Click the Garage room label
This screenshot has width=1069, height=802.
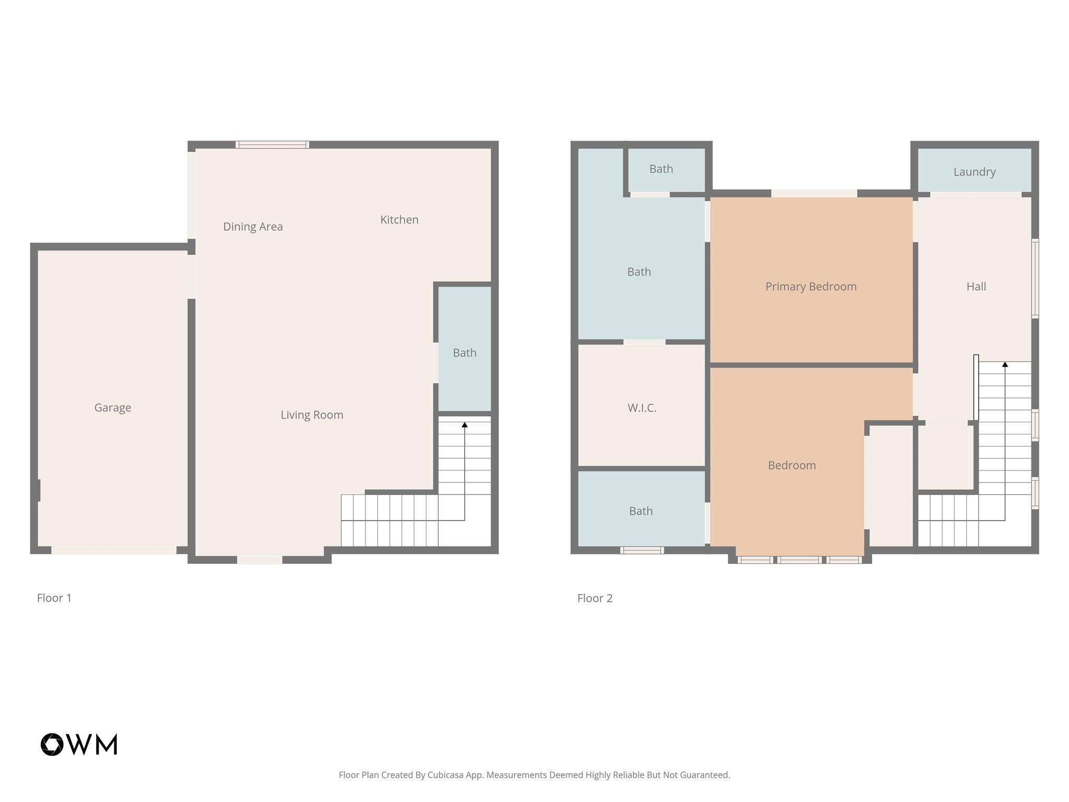(x=113, y=408)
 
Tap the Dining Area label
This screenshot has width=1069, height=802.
(x=253, y=227)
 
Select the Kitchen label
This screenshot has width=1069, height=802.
(x=399, y=220)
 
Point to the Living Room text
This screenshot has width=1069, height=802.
(x=312, y=415)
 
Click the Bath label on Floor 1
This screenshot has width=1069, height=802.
(x=465, y=353)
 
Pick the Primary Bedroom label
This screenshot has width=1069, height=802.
(x=811, y=287)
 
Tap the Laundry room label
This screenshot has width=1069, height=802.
(x=974, y=172)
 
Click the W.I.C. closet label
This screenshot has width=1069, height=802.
(x=642, y=408)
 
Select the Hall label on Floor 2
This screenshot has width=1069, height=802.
(x=976, y=287)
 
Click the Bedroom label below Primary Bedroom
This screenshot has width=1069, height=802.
(x=791, y=466)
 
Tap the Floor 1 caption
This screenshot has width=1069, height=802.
(x=54, y=598)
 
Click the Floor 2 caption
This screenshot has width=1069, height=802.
(x=595, y=598)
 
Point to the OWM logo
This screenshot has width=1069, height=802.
(x=79, y=744)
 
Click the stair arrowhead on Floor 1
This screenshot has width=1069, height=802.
(x=465, y=425)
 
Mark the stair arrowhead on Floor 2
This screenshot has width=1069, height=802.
(x=1005, y=364)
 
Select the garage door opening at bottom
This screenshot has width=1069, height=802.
(x=113, y=550)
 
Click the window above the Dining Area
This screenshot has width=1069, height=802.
(x=272, y=145)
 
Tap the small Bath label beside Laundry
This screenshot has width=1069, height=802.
(x=661, y=169)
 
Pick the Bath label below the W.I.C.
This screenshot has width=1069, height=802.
(x=640, y=511)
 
